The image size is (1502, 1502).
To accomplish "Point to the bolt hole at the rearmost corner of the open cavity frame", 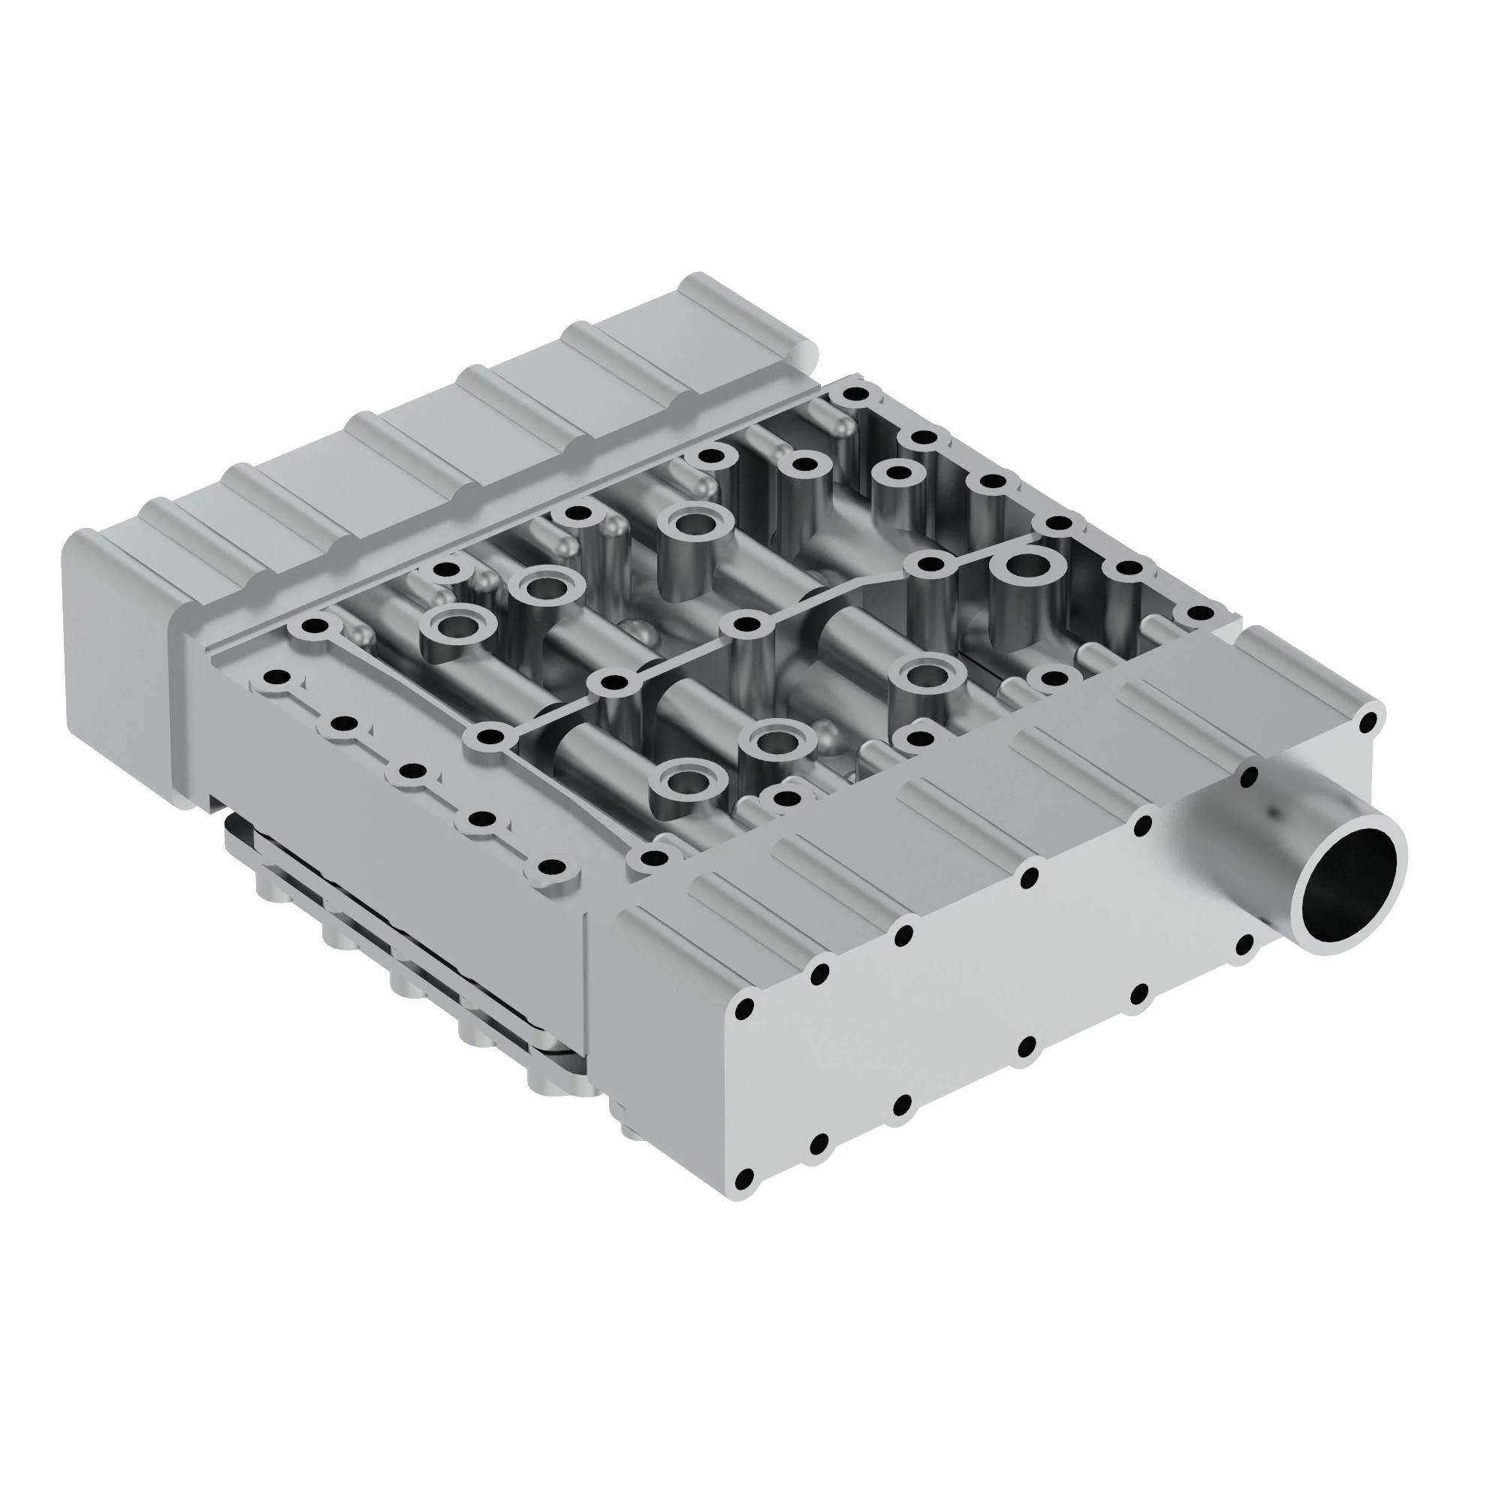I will click(x=856, y=394).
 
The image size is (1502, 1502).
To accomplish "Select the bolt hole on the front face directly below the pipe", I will click(x=1244, y=945).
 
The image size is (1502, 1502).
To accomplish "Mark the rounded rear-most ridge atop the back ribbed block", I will click(x=746, y=311).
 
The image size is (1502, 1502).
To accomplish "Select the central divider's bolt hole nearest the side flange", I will click(x=489, y=736).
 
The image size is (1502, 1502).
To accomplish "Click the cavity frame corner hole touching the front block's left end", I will click(x=656, y=858).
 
